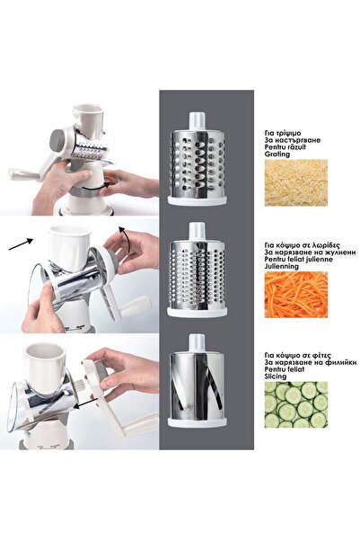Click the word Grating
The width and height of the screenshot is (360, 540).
point(278,153)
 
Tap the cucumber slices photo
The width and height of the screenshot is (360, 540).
point(296,403)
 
